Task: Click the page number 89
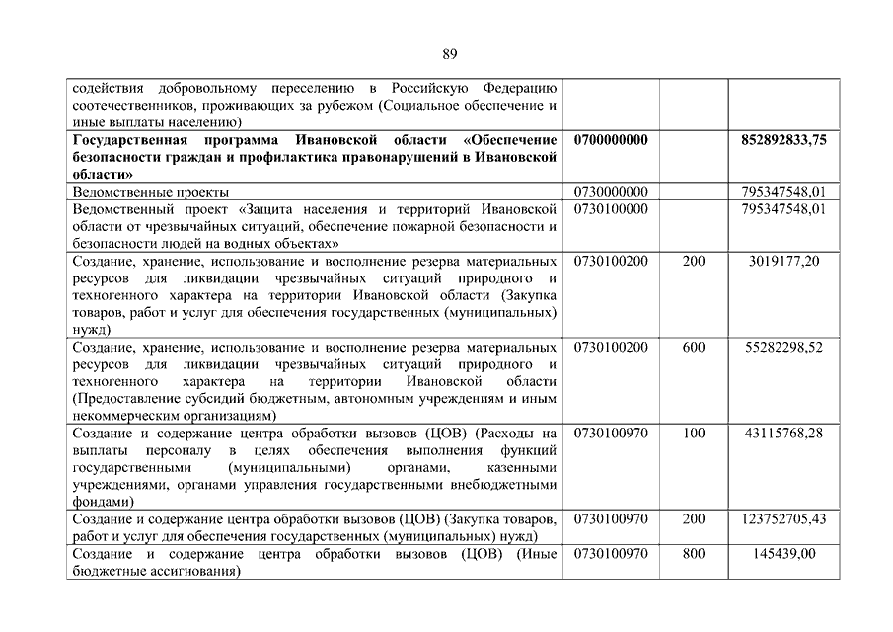(x=450, y=53)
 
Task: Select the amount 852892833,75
(x=783, y=141)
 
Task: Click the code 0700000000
(x=610, y=141)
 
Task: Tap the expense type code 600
(x=694, y=347)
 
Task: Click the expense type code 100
(x=694, y=433)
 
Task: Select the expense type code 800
(x=694, y=554)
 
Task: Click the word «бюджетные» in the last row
(x=107, y=571)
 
